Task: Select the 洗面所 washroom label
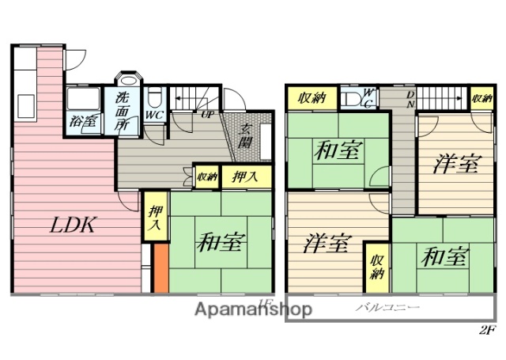pyautogui.click(x=123, y=111)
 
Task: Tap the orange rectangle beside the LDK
pyautogui.click(x=160, y=269)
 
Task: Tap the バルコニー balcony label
pyautogui.click(x=387, y=307)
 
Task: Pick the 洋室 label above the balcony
pyautogui.click(x=327, y=244)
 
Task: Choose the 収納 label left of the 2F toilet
pyautogui.click(x=312, y=98)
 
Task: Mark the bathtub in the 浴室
pyautogui.click(x=84, y=100)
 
